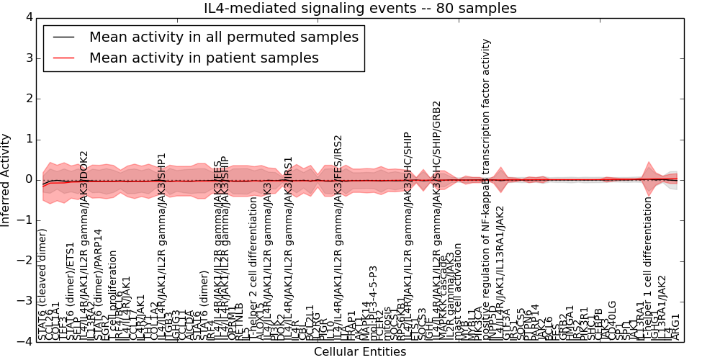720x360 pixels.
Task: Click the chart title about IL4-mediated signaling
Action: point(361,9)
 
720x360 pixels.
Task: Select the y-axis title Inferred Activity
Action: point(6,179)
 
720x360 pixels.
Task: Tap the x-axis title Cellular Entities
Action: point(360,352)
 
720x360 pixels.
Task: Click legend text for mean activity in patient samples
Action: point(204,58)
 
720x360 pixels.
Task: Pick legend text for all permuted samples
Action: point(223,37)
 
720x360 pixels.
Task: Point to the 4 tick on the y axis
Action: point(28,17)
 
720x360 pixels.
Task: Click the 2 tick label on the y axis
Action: point(28,99)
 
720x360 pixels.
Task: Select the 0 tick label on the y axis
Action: point(28,179)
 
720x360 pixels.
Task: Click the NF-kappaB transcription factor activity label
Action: point(487,187)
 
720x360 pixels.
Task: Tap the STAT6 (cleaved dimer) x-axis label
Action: point(42,284)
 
